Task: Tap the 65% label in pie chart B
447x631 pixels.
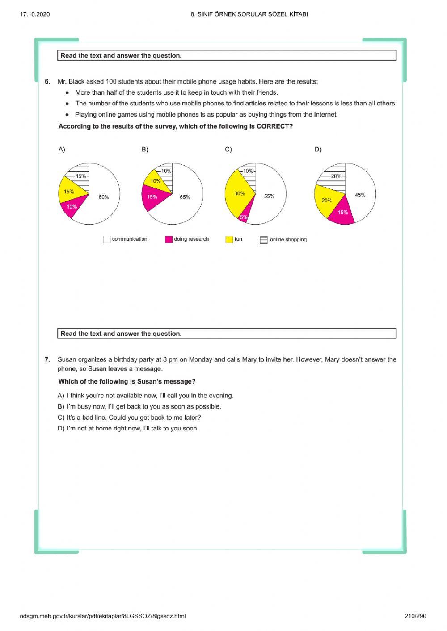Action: [185, 197]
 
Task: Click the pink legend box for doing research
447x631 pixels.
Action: [169, 239]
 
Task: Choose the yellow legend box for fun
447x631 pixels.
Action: [229, 239]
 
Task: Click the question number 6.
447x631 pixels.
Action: [47, 82]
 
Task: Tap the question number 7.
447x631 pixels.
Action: [47, 359]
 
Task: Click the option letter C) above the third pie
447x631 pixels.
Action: [228, 150]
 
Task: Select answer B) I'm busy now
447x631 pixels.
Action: [139, 406]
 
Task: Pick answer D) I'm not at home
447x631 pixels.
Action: [128, 428]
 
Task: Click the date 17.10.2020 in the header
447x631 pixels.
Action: [35, 14]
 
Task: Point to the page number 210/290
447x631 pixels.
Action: [415, 616]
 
